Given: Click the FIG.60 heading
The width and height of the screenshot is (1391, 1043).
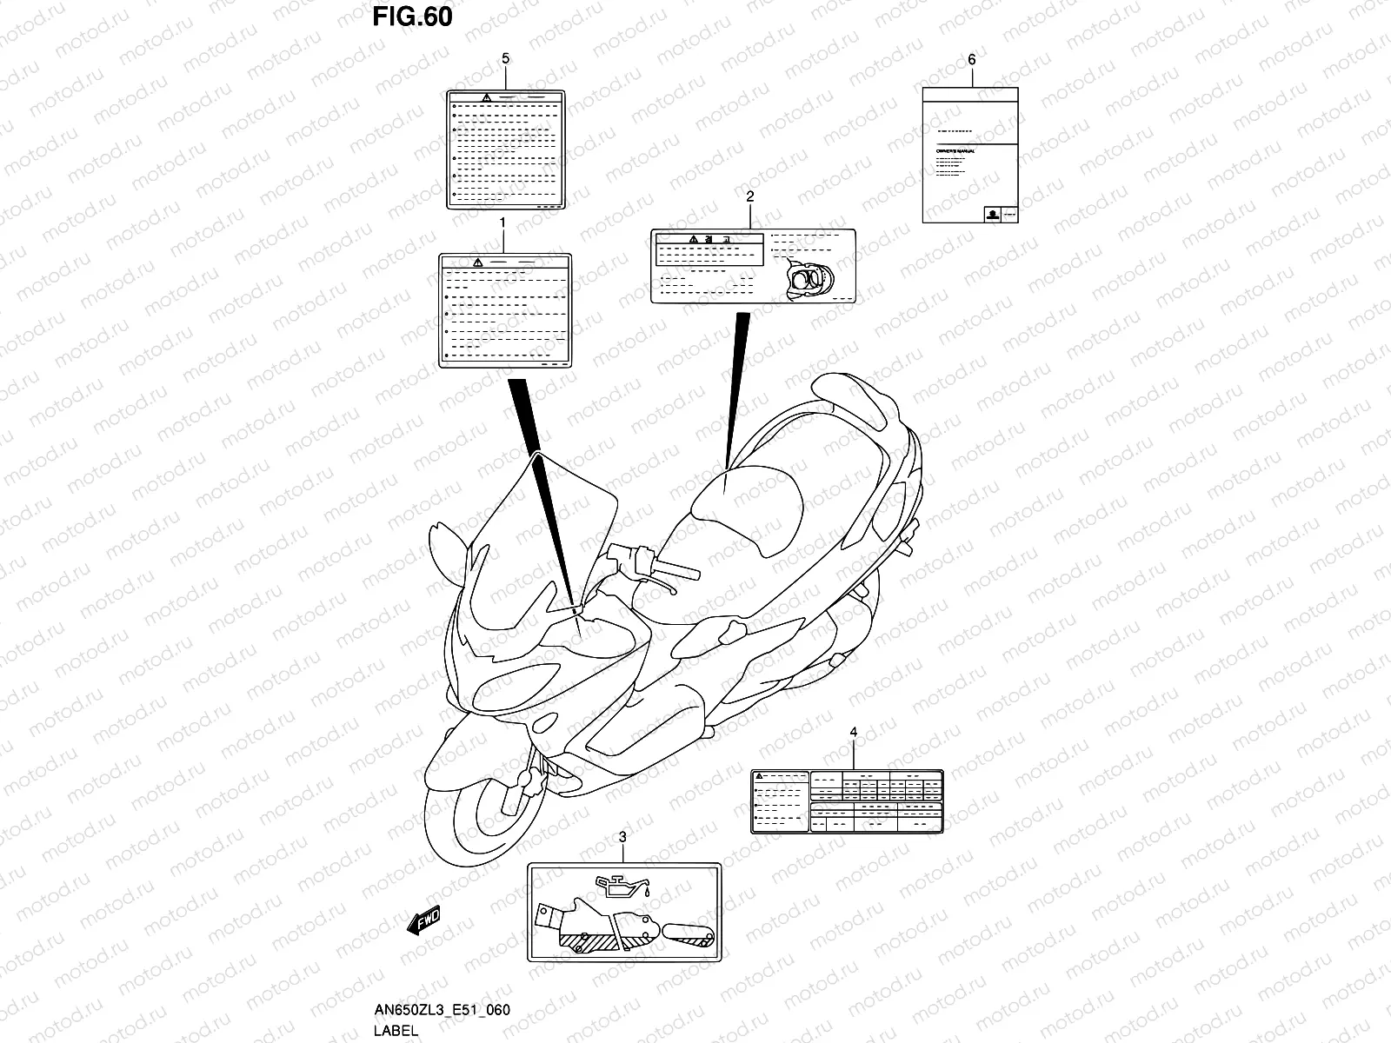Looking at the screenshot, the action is tap(413, 17).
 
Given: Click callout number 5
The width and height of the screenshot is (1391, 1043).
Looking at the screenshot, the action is tap(505, 58).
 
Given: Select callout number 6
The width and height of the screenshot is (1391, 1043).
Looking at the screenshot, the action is tap(971, 59).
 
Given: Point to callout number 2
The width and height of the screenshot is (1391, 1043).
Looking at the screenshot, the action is tap(749, 197).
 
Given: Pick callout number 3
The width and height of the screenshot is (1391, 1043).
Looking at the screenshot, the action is tap(622, 837).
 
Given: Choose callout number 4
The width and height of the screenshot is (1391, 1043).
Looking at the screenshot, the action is tap(853, 733).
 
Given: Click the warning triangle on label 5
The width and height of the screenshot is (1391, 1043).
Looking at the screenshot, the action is tap(488, 97).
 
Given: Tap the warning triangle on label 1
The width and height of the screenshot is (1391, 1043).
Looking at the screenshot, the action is tap(476, 262).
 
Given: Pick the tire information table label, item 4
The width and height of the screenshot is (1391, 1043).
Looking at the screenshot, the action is tap(848, 801).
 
